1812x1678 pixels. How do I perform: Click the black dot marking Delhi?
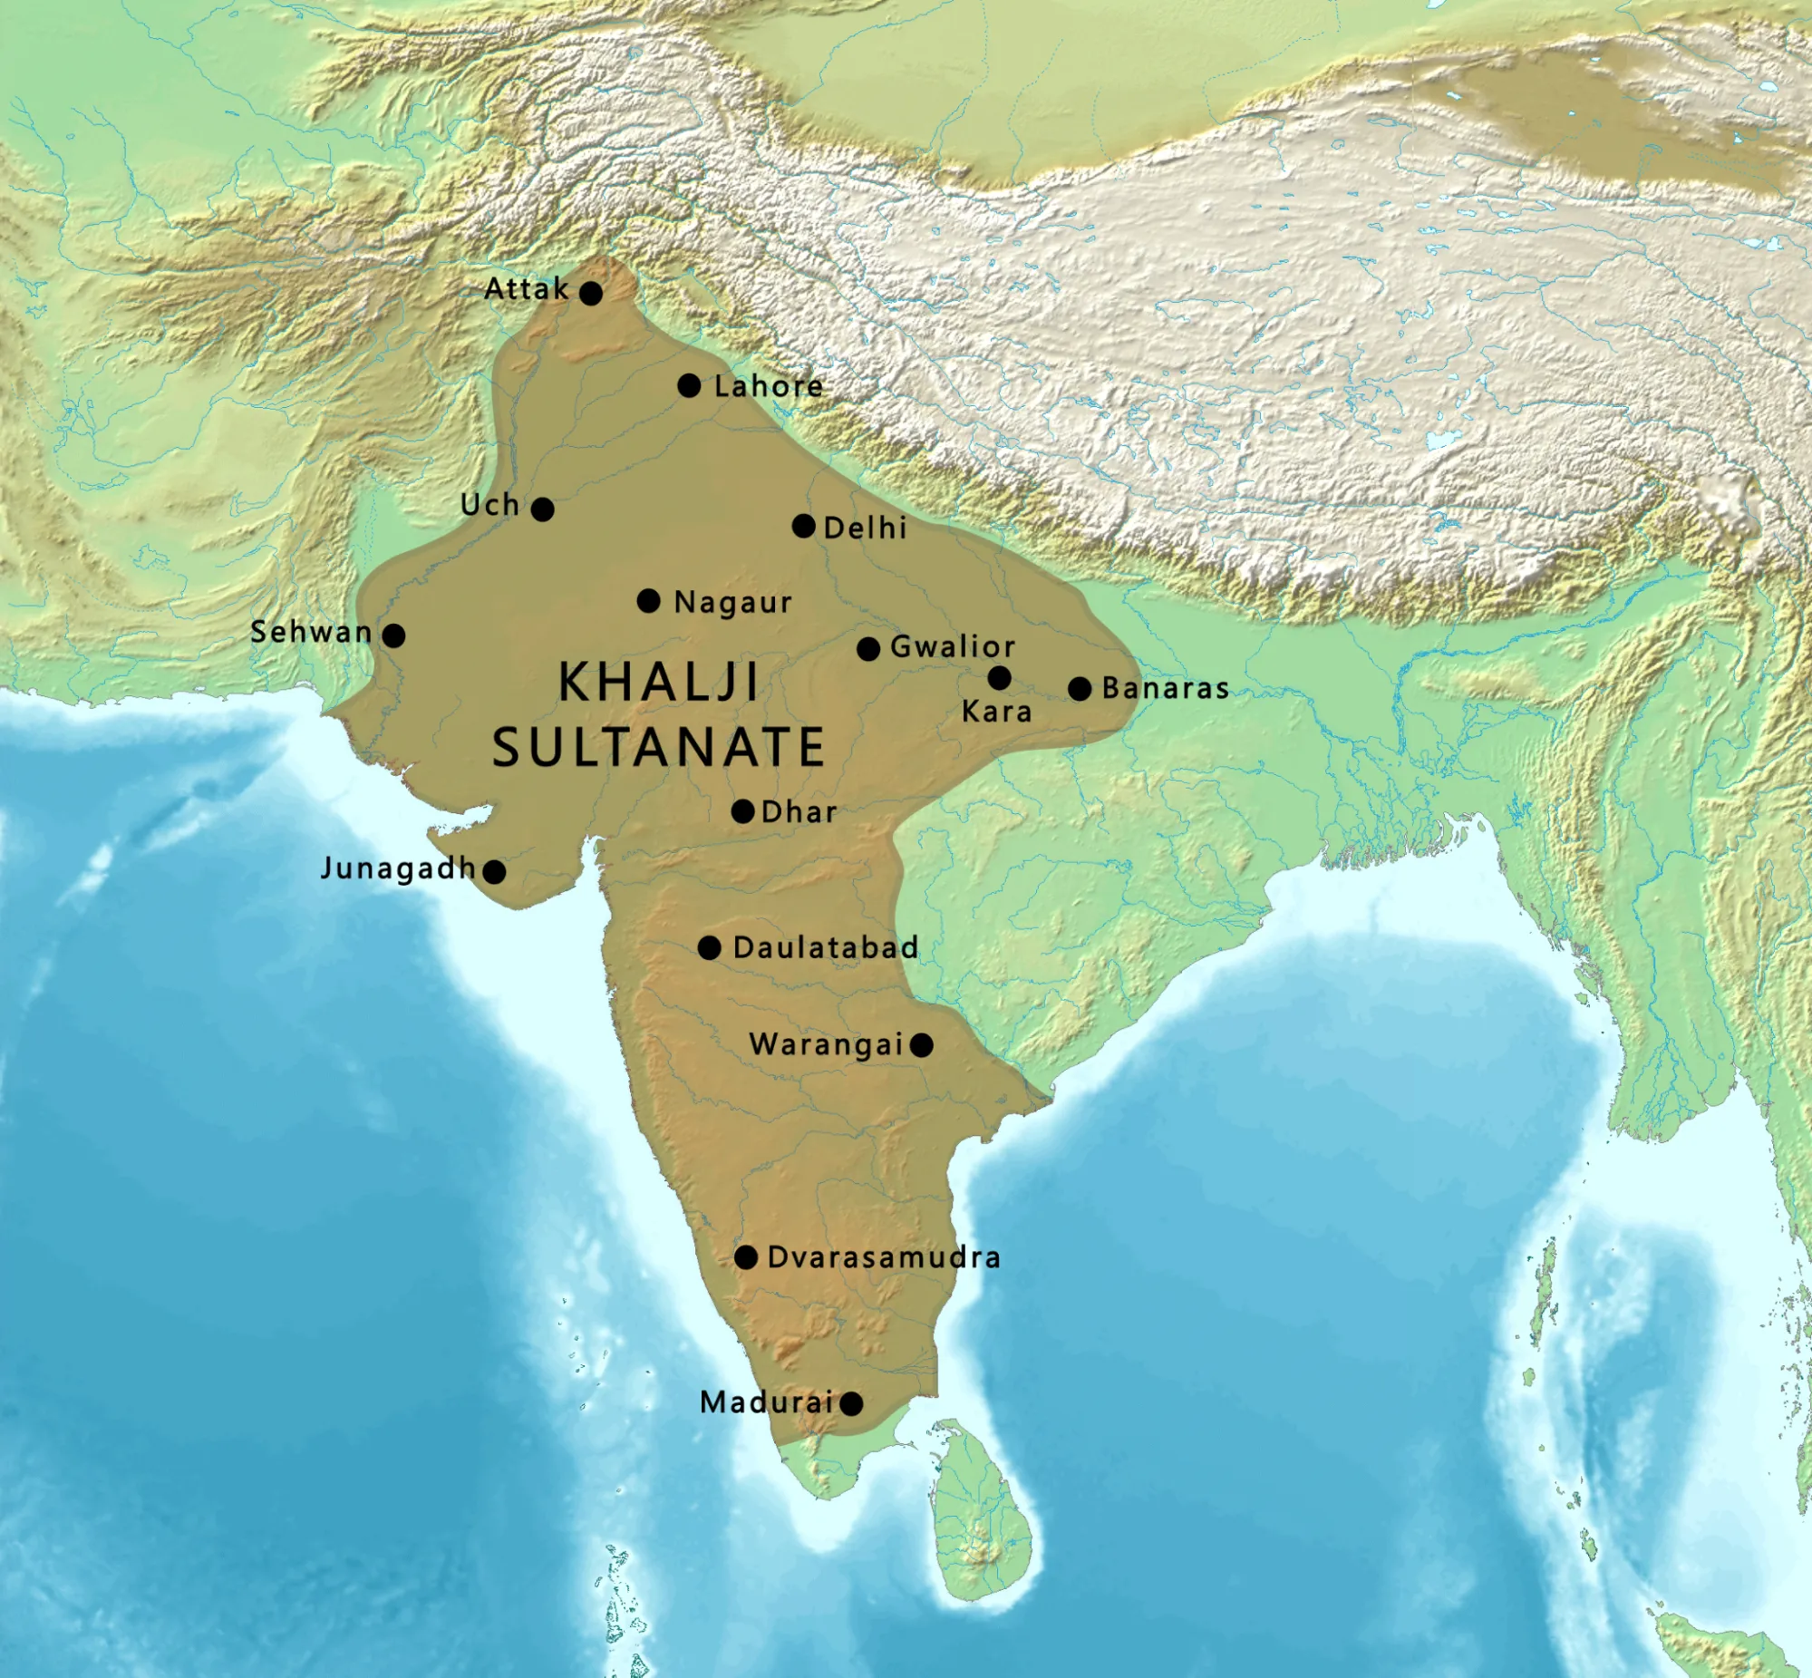(x=803, y=526)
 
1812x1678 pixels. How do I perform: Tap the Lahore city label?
(x=769, y=387)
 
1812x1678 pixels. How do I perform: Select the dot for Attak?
(x=591, y=294)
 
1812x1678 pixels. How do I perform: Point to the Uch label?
(x=490, y=505)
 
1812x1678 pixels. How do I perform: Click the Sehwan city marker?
(x=393, y=635)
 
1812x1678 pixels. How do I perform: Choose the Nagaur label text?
(x=732, y=602)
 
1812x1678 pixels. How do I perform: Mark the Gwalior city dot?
(x=867, y=649)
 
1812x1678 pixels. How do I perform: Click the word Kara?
(x=997, y=712)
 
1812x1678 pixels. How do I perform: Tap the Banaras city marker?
(x=1080, y=689)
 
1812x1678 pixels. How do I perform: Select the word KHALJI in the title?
(x=658, y=682)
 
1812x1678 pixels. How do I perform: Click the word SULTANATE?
(x=658, y=747)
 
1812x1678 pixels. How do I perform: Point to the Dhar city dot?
(x=742, y=810)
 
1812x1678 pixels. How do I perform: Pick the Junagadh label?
(x=399, y=869)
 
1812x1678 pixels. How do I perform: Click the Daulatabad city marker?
(x=710, y=948)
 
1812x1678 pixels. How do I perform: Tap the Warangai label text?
(x=826, y=1045)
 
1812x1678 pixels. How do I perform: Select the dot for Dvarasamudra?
(x=745, y=1257)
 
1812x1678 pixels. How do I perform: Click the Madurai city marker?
(x=850, y=1404)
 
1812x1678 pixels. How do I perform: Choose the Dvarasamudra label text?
(x=883, y=1257)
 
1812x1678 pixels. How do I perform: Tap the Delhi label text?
(x=865, y=528)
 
